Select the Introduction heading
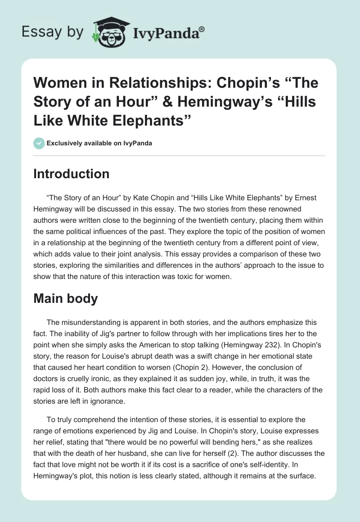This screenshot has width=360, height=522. click(x=71, y=174)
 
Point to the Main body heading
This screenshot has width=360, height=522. click(x=65, y=299)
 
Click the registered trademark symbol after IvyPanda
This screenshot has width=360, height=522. click(x=202, y=29)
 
